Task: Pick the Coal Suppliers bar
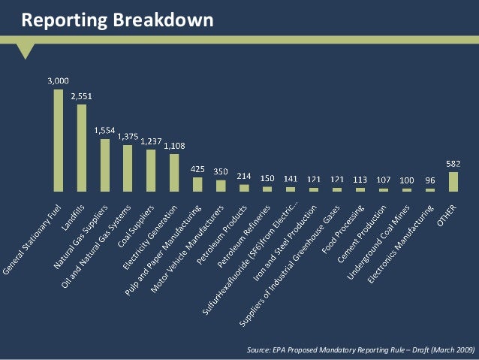pyautogui.click(x=151, y=171)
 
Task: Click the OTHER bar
pyautogui.click(x=453, y=182)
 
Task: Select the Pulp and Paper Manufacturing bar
pyautogui.click(x=197, y=184)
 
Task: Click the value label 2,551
pyautogui.click(x=83, y=97)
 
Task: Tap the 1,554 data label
pyautogui.click(x=105, y=130)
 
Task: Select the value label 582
pyautogui.click(x=453, y=163)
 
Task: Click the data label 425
pyautogui.click(x=197, y=168)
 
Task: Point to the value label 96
pyautogui.click(x=430, y=180)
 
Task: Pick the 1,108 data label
pyautogui.click(x=176, y=145)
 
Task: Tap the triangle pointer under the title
pyautogui.click(x=27, y=50)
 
